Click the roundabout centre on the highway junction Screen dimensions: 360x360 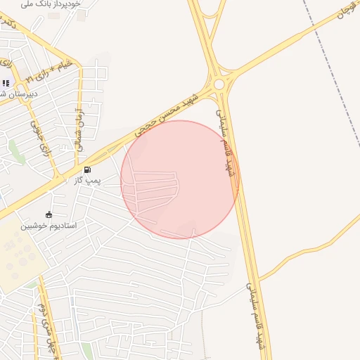click(219, 84)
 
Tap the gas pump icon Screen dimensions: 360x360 click(87, 169)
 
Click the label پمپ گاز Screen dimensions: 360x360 click(89, 181)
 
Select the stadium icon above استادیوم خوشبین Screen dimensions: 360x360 click(49, 214)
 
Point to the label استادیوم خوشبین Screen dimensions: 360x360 click(49, 226)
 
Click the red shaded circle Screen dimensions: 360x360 click(180, 179)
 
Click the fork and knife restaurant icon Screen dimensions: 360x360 click(6, 83)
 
